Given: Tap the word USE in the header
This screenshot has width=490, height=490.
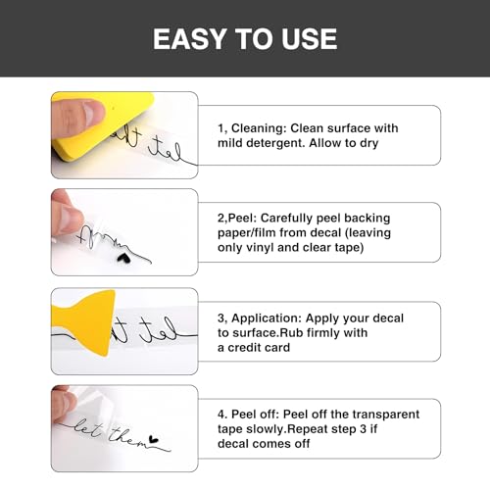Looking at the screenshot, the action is (x=310, y=39).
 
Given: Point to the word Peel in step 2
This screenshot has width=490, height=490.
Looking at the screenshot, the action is (x=242, y=218).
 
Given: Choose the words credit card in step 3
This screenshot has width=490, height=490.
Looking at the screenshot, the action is (x=259, y=348).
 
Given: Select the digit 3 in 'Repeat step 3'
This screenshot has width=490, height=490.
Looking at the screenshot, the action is (x=364, y=429).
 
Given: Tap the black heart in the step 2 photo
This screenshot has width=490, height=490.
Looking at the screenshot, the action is (x=123, y=258).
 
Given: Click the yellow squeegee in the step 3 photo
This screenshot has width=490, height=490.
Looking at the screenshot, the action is (x=86, y=321).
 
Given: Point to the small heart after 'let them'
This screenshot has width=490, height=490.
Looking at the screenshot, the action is (x=154, y=439).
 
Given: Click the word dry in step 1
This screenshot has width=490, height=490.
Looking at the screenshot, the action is (x=369, y=143).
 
